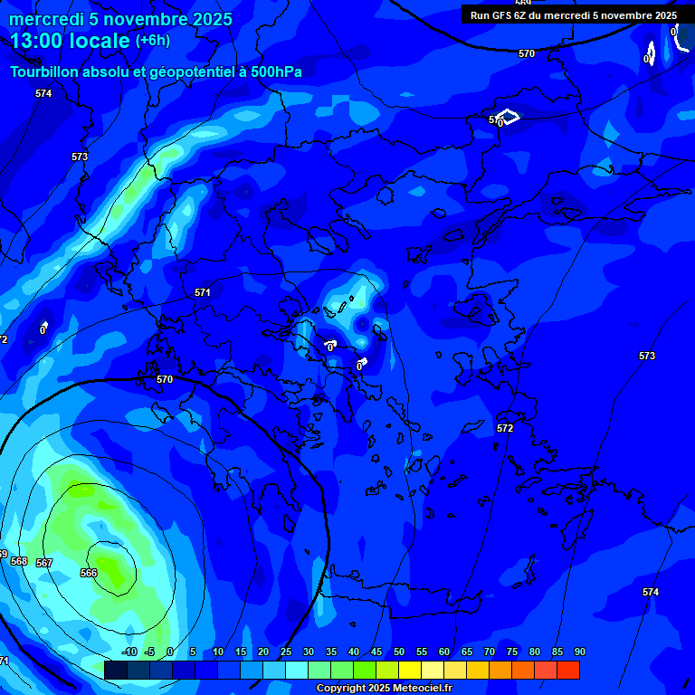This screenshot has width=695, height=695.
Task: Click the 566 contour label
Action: coord(89,573)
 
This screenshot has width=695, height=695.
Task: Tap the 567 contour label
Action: coord(44,563)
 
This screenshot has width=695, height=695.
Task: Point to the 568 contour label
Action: coord(19,561)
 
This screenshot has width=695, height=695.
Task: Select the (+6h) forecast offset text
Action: coord(152,41)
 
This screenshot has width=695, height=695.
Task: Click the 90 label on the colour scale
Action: coord(580,652)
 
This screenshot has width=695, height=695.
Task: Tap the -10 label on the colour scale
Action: coord(129,652)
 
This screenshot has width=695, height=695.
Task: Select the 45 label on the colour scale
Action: coord(376,652)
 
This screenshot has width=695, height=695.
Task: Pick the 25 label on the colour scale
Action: coord(285,652)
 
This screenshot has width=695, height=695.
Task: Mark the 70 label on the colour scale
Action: coord(490,652)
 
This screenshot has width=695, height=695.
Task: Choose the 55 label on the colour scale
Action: coord(422,652)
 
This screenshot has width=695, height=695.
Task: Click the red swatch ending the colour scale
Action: coord(568,670)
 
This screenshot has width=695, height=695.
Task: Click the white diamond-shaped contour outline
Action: coord(508,117)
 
